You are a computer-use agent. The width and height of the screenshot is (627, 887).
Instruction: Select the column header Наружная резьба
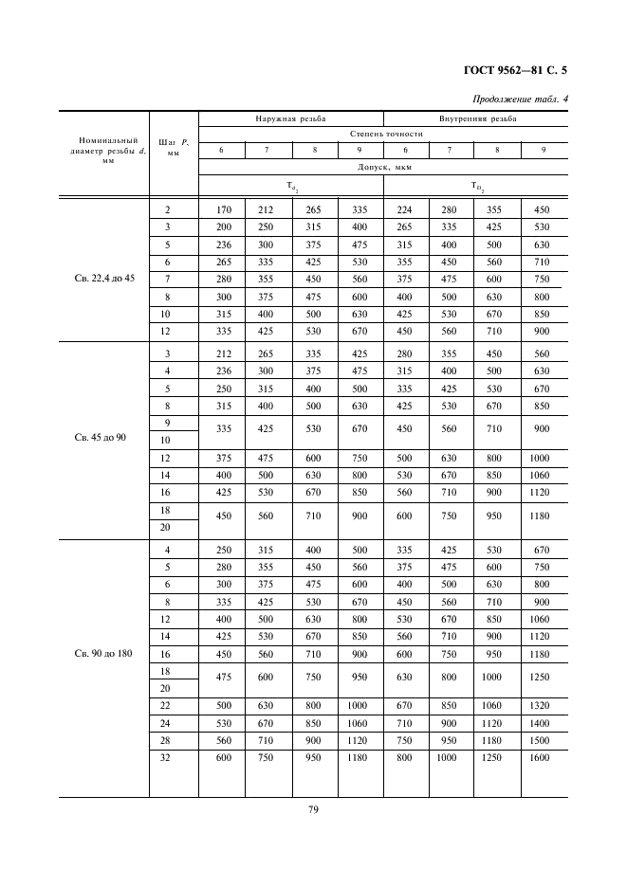[290, 119]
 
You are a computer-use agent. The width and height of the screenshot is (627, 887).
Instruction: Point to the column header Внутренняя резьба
[476, 119]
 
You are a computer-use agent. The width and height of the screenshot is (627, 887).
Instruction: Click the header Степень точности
[382, 135]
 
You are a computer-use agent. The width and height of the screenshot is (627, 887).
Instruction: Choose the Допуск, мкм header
[382, 166]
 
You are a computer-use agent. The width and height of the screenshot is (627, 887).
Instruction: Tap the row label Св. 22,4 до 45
[104, 279]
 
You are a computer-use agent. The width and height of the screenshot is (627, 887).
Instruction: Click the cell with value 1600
[543, 758]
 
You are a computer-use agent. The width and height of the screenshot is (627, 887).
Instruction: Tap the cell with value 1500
[543, 740]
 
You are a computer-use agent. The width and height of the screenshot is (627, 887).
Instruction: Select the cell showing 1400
[543, 723]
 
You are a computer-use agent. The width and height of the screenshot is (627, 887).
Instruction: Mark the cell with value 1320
[543, 705]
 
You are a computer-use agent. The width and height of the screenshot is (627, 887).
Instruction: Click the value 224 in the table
[406, 210]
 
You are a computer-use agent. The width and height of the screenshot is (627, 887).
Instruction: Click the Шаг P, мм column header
[174, 146]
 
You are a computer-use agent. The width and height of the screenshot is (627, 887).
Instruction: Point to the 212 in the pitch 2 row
[267, 210]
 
